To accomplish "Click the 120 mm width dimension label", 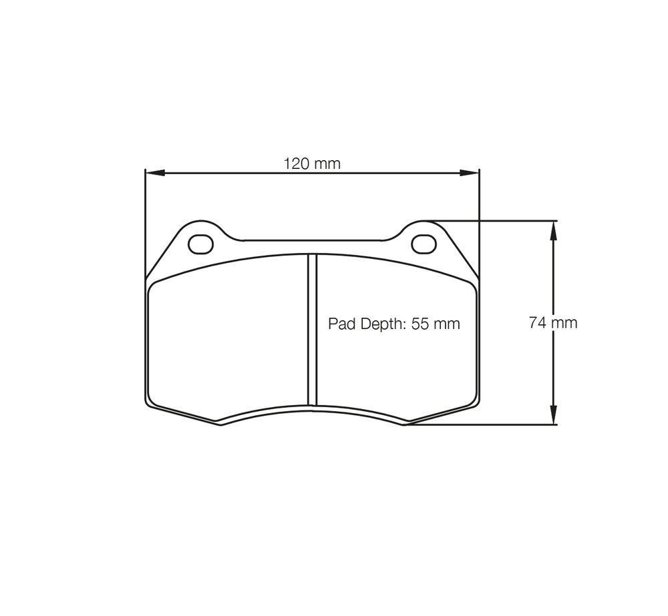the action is pyautogui.click(x=312, y=164).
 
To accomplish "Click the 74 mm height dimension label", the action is pyautogui.click(x=553, y=323).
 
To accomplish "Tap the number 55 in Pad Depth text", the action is pyautogui.click(x=420, y=324).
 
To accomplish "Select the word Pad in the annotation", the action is pyautogui.click(x=342, y=324).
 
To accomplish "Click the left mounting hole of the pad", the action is pyautogui.click(x=200, y=244).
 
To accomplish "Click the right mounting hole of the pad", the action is pyautogui.click(x=424, y=244).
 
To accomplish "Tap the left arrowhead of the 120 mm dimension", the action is pyautogui.click(x=155, y=173).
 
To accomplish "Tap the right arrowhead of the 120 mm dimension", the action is pyautogui.click(x=470, y=173).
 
